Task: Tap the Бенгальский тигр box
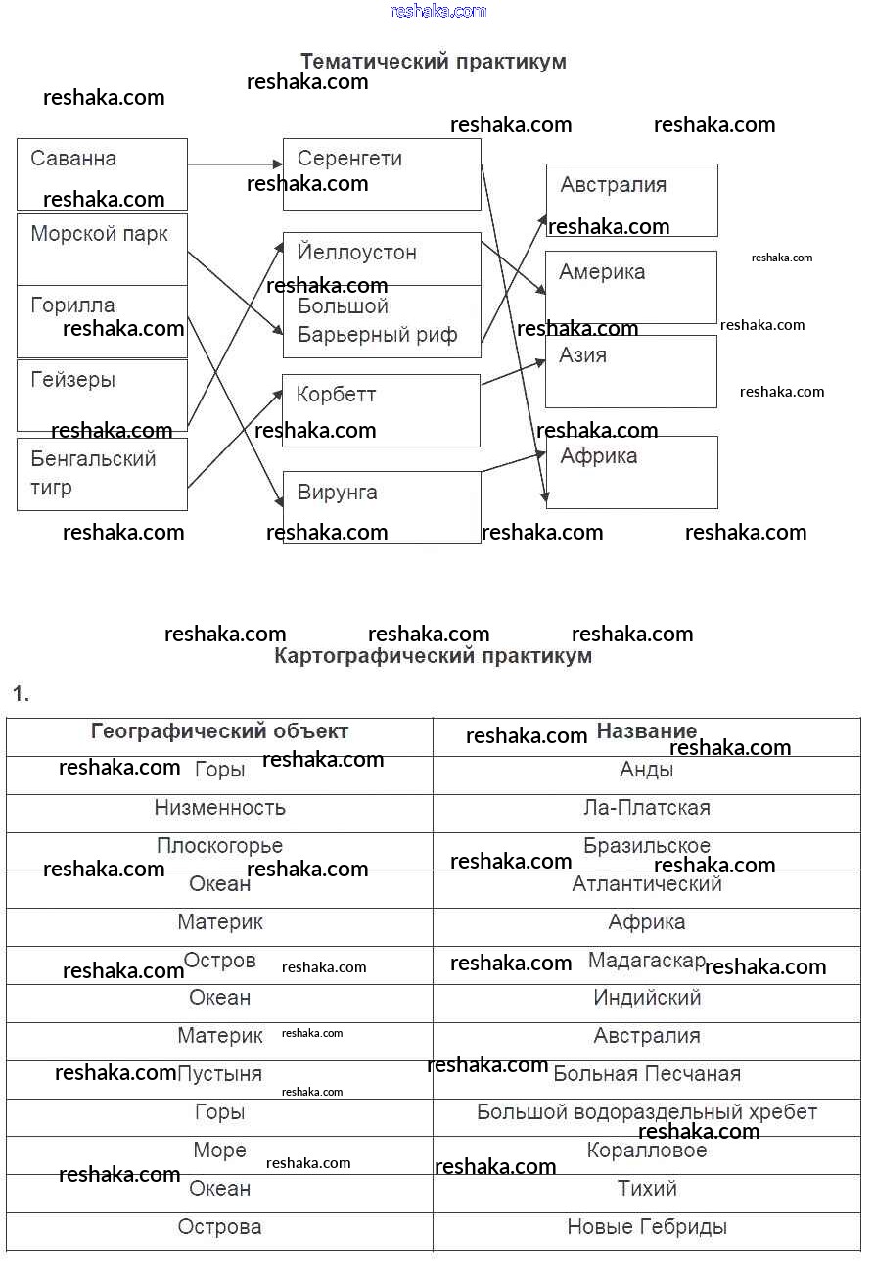click(x=102, y=473)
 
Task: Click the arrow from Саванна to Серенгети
click(x=235, y=164)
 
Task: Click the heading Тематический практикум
click(x=433, y=62)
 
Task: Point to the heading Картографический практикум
click(x=433, y=656)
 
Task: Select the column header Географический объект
click(x=219, y=731)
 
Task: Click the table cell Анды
click(x=647, y=771)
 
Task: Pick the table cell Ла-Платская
click(x=647, y=808)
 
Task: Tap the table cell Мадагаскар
click(x=647, y=961)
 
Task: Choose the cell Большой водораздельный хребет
click(x=647, y=1112)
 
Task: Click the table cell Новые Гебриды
click(x=647, y=1227)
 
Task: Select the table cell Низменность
click(x=219, y=808)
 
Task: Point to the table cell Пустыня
click(x=219, y=1074)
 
